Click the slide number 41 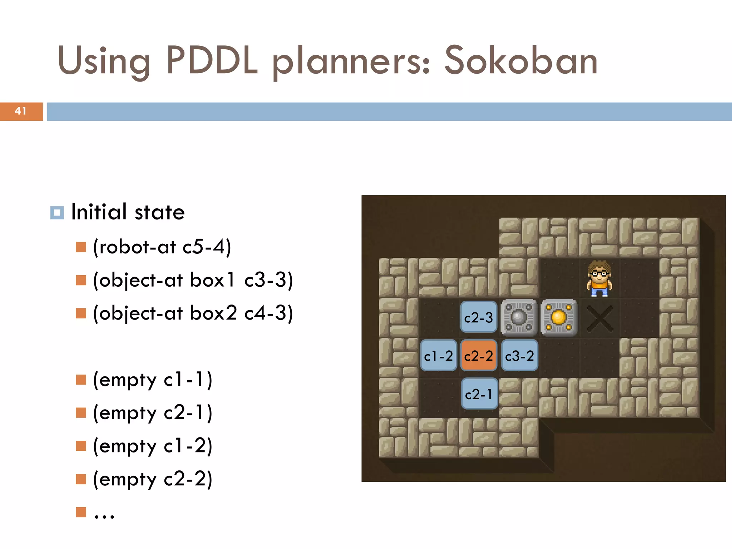[x=21, y=111]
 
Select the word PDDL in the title [x=212, y=61]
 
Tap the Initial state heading [x=128, y=212]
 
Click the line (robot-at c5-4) [x=162, y=247]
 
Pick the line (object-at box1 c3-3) [x=193, y=280]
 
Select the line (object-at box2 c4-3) [x=193, y=313]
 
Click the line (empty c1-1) [x=153, y=380]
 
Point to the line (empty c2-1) [x=153, y=413]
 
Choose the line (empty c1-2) [x=153, y=446]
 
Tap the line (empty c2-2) [x=153, y=479]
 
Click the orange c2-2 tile [x=479, y=356]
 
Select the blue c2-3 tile [x=479, y=317]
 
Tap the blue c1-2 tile [x=439, y=356]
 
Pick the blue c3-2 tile [x=519, y=356]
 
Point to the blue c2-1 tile [x=479, y=394]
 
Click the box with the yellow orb [x=559, y=317]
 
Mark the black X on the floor [x=600, y=317]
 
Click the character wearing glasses [x=599, y=278]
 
